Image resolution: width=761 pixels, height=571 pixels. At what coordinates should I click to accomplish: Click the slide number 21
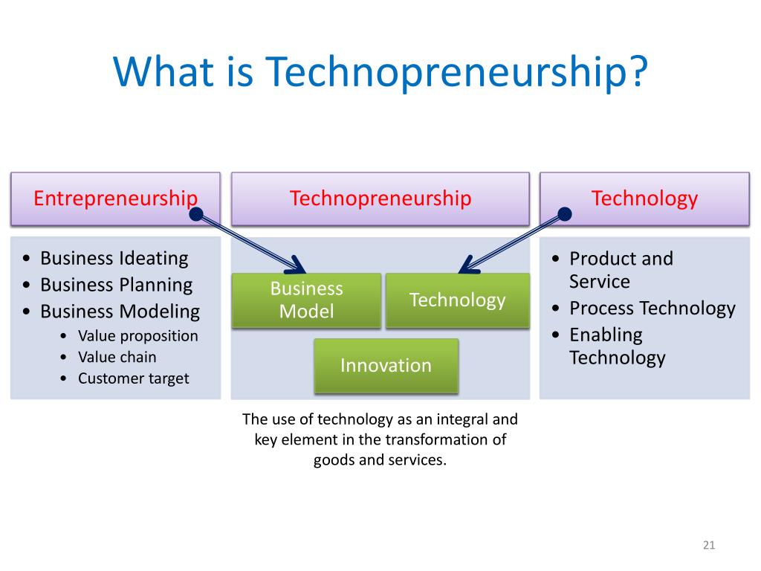click(708, 545)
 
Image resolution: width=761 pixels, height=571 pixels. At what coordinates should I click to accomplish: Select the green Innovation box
click(386, 366)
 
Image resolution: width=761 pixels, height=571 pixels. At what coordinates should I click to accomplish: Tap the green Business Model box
click(306, 300)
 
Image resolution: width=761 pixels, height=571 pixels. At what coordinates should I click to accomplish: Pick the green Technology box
click(457, 300)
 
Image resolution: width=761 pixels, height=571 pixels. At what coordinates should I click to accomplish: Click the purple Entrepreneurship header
click(115, 199)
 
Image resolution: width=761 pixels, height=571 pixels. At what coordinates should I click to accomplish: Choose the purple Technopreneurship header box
click(380, 199)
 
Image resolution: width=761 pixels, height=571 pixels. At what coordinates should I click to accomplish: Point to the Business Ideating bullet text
click(114, 258)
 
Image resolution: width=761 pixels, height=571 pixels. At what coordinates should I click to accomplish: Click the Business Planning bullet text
click(117, 285)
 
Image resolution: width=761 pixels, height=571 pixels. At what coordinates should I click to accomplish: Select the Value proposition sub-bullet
click(137, 336)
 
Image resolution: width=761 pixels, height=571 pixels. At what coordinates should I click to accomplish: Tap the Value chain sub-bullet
click(117, 357)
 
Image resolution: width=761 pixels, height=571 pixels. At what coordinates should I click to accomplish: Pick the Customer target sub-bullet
click(134, 378)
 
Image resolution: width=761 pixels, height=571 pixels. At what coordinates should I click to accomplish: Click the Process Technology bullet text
click(652, 309)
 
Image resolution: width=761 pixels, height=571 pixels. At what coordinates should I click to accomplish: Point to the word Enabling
click(606, 335)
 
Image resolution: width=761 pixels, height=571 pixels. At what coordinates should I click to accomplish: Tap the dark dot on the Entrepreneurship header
click(196, 214)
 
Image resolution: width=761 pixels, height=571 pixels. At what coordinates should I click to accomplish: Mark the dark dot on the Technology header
click(565, 214)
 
